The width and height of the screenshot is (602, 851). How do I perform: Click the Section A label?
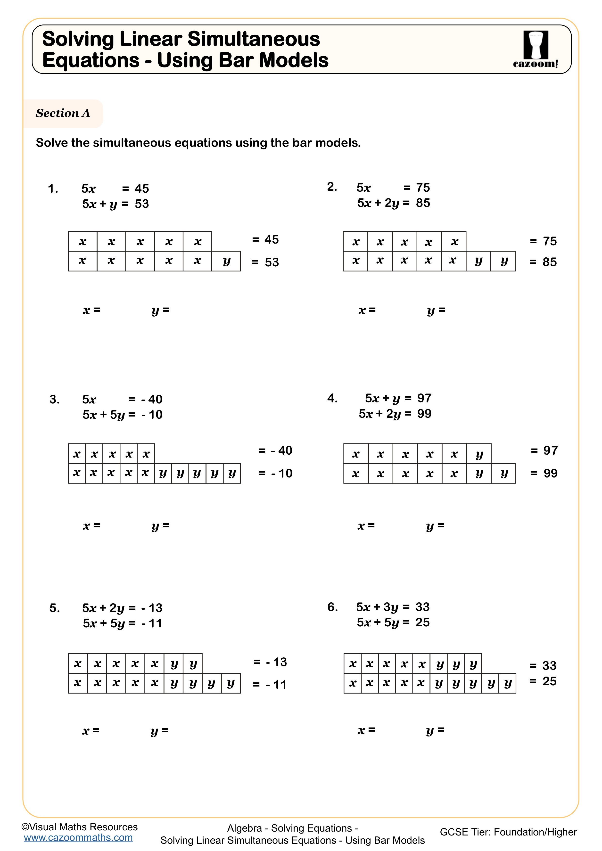(x=63, y=113)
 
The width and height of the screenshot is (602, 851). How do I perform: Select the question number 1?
(x=53, y=189)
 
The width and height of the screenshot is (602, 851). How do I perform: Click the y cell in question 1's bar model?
(x=226, y=261)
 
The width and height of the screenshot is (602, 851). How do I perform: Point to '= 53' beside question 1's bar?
(x=265, y=262)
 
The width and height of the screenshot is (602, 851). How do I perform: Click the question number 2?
(x=332, y=187)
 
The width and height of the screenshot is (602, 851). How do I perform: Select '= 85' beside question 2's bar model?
(x=543, y=262)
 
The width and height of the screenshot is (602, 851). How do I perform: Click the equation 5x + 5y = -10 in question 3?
(x=122, y=414)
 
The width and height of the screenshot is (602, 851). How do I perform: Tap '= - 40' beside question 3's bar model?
(x=275, y=450)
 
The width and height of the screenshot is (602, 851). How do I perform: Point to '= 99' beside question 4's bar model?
(x=544, y=473)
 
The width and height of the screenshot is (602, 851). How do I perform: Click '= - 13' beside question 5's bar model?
(x=270, y=662)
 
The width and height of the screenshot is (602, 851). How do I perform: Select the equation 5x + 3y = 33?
(x=393, y=607)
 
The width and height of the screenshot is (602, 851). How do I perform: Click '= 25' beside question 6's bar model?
(x=543, y=681)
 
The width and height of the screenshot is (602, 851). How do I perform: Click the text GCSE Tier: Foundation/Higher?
(x=508, y=832)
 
